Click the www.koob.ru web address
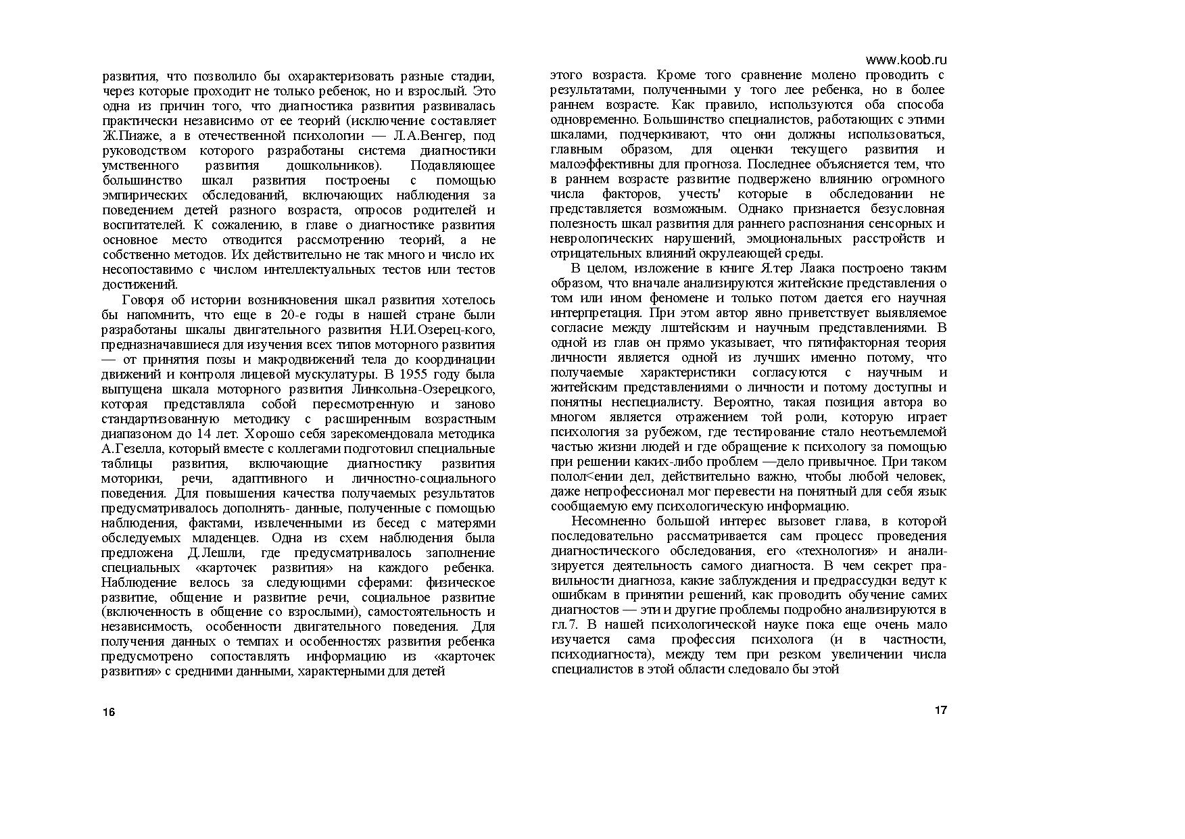[906, 60]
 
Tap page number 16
[109, 712]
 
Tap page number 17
[940, 711]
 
